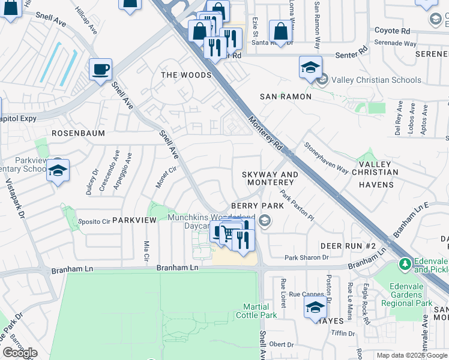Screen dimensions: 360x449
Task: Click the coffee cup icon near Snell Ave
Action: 101,69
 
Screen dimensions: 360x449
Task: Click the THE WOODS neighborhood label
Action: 186,75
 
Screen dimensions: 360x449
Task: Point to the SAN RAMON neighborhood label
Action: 285,97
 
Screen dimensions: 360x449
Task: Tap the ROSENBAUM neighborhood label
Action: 78,133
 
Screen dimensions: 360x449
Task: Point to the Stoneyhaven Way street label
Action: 326,158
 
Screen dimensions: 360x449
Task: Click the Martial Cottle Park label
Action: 261,311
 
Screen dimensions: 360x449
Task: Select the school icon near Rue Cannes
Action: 315,308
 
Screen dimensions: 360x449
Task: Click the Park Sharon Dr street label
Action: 307,257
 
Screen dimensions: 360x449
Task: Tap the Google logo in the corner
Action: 20,353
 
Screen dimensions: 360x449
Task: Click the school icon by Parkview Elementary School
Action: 58,171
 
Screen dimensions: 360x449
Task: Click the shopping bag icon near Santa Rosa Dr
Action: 280,31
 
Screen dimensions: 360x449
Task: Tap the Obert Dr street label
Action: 281,344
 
